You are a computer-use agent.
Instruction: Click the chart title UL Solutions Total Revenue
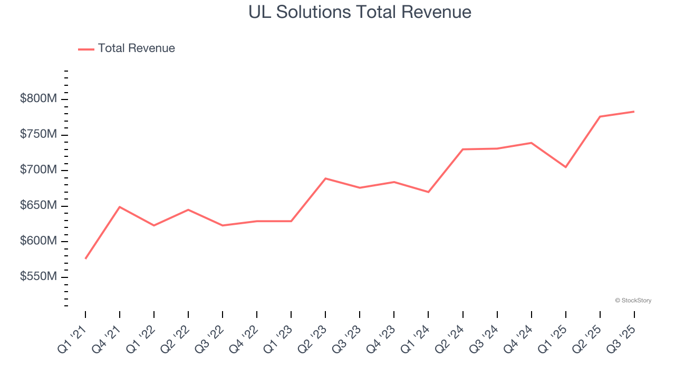[x=360, y=12]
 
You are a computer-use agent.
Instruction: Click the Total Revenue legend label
[x=136, y=48]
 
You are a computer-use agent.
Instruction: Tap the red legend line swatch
[x=86, y=49]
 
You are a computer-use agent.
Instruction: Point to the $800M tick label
[x=38, y=99]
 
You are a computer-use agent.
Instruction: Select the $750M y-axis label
[x=38, y=135]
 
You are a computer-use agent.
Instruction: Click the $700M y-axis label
[x=38, y=170]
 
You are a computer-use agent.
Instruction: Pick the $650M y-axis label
[x=38, y=206]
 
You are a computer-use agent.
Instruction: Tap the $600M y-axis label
[x=38, y=241]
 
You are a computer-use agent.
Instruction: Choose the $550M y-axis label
[x=38, y=277]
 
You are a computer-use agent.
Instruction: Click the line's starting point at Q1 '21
[x=85, y=258]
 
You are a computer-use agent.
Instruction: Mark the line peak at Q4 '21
[x=120, y=207]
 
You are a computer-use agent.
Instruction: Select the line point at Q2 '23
[x=325, y=178]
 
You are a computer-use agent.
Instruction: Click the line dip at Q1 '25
[x=565, y=167]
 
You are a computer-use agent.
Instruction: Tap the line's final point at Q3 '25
[x=634, y=112]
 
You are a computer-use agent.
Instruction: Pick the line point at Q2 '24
[x=462, y=149]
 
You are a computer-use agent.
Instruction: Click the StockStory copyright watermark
[x=633, y=301]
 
